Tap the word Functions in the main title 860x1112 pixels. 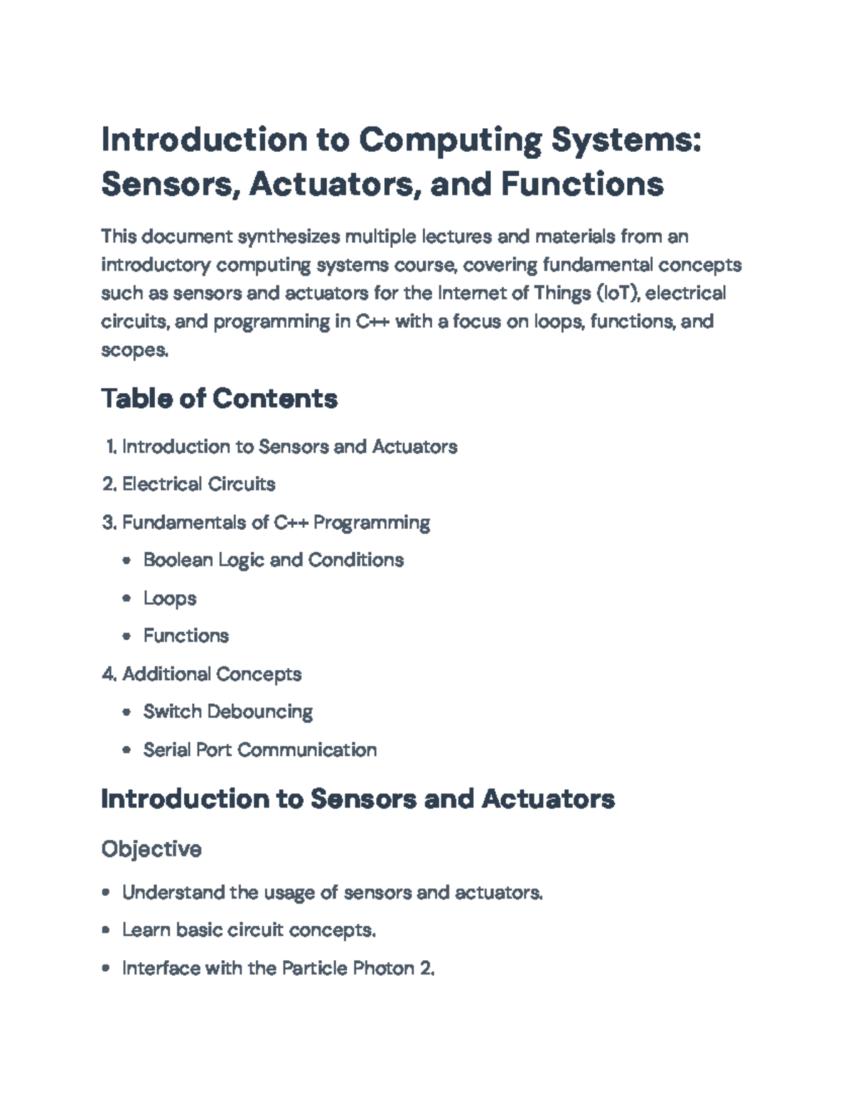(582, 184)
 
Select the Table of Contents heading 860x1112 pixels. (219, 398)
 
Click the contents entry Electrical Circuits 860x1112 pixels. (199, 484)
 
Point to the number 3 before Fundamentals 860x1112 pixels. (107, 522)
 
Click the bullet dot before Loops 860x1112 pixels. (127, 598)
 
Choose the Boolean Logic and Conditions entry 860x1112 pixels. (273, 560)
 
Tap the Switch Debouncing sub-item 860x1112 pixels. (228, 712)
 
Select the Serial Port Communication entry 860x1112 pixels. (259, 750)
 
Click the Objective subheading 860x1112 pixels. (151, 849)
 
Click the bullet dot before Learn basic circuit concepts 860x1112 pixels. (106, 930)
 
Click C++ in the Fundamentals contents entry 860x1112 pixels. (291, 522)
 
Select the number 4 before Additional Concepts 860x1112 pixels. (107, 674)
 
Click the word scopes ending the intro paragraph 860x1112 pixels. (133, 350)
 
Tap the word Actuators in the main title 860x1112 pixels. (333, 184)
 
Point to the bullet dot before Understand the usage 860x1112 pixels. (106, 892)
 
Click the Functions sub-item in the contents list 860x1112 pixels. (186, 636)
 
